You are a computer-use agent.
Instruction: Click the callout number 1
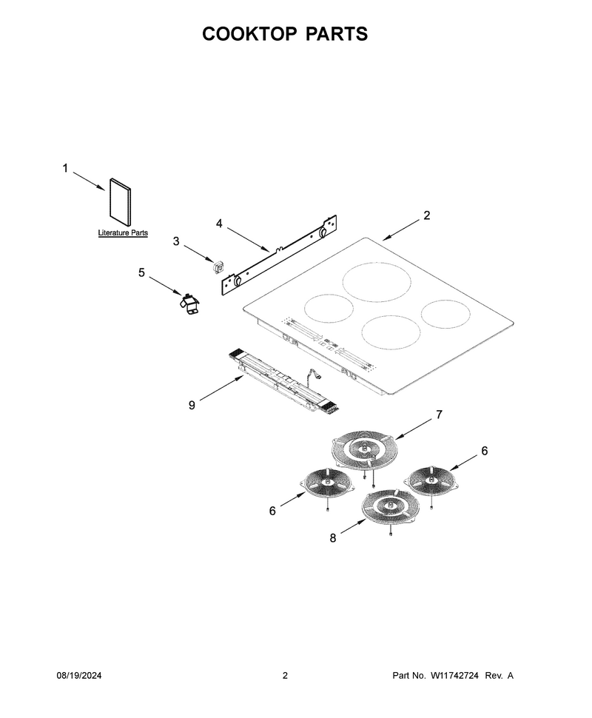[65, 169]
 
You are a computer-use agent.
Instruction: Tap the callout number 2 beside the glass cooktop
[427, 215]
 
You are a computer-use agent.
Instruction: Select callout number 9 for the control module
[192, 405]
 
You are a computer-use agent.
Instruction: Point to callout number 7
[439, 415]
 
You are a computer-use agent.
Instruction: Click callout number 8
[333, 538]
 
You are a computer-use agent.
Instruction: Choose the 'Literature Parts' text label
[123, 232]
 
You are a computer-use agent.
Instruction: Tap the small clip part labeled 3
[219, 266]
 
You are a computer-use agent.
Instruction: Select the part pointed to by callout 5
[189, 305]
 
